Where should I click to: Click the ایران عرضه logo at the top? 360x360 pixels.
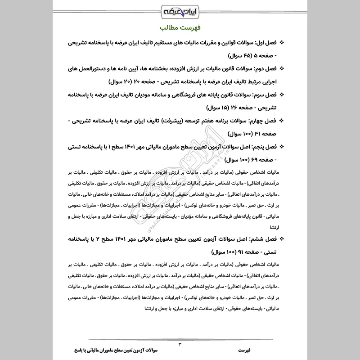click(x=180, y=10)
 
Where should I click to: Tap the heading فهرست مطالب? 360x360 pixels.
click(x=180, y=27)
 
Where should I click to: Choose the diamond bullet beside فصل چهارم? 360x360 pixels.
click(x=282, y=121)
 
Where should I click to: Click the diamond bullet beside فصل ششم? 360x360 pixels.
click(x=282, y=238)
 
